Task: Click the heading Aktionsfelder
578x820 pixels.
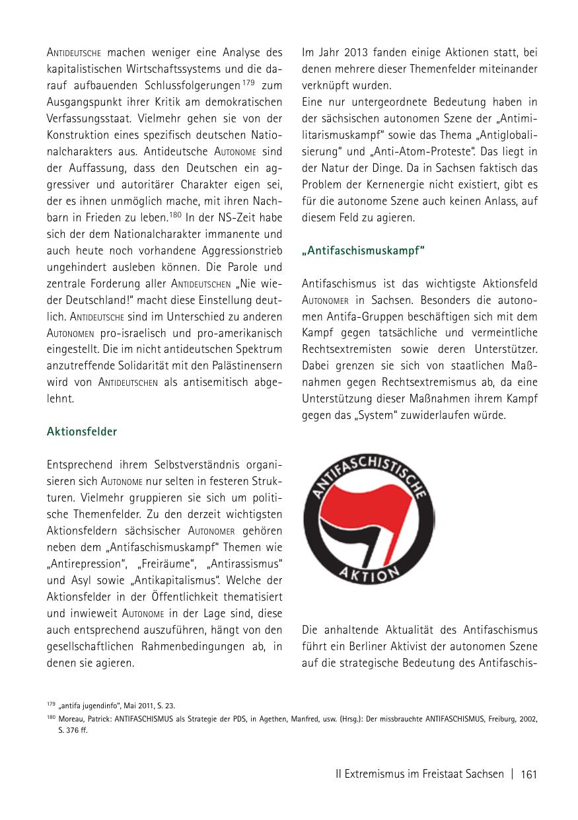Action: (x=81, y=431)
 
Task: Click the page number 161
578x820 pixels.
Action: (x=529, y=774)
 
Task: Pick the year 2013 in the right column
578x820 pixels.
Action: (x=353, y=52)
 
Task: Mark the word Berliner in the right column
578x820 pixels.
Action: (x=369, y=646)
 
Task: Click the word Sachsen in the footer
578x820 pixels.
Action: (x=484, y=774)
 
